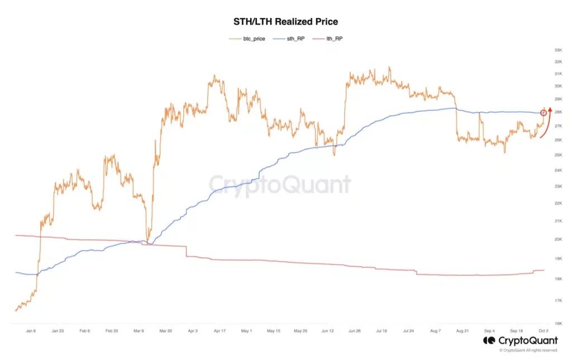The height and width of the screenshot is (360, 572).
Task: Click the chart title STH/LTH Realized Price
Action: coord(285,22)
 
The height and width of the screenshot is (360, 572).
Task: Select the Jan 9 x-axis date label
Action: coord(31,330)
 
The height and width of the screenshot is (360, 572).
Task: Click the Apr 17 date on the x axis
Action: coord(220,330)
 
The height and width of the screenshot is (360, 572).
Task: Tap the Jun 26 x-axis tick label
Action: coord(355,330)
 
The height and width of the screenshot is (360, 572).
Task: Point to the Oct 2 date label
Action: coord(544,330)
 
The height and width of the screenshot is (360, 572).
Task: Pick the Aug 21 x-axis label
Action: coord(463,330)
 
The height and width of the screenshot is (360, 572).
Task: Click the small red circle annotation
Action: coord(544,113)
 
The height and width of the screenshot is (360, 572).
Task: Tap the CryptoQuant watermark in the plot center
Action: coord(280,185)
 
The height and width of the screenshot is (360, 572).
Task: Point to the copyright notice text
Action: coord(528,351)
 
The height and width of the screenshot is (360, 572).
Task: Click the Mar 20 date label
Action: coord(166,330)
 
